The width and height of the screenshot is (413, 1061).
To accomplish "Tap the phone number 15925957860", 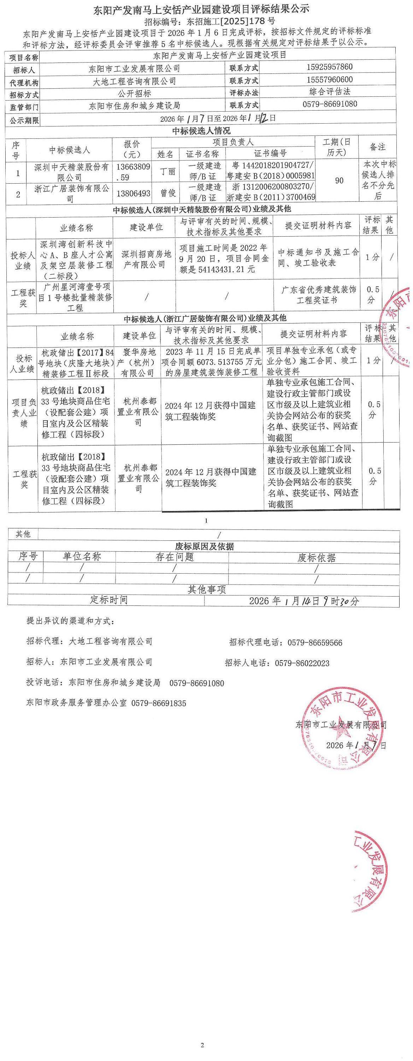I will click(329, 67).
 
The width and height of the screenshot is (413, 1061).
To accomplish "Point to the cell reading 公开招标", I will click(134, 94).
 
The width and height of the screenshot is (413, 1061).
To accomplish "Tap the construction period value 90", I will click(339, 181).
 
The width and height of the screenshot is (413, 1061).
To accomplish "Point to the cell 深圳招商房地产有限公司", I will click(146, 260).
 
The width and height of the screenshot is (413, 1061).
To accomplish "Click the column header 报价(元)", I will click(131, 149).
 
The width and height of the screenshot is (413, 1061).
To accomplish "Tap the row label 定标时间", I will click(109, 600).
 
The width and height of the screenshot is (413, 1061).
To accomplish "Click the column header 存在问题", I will click(175, 557).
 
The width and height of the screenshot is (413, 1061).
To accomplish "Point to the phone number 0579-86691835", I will click(159, 704).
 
